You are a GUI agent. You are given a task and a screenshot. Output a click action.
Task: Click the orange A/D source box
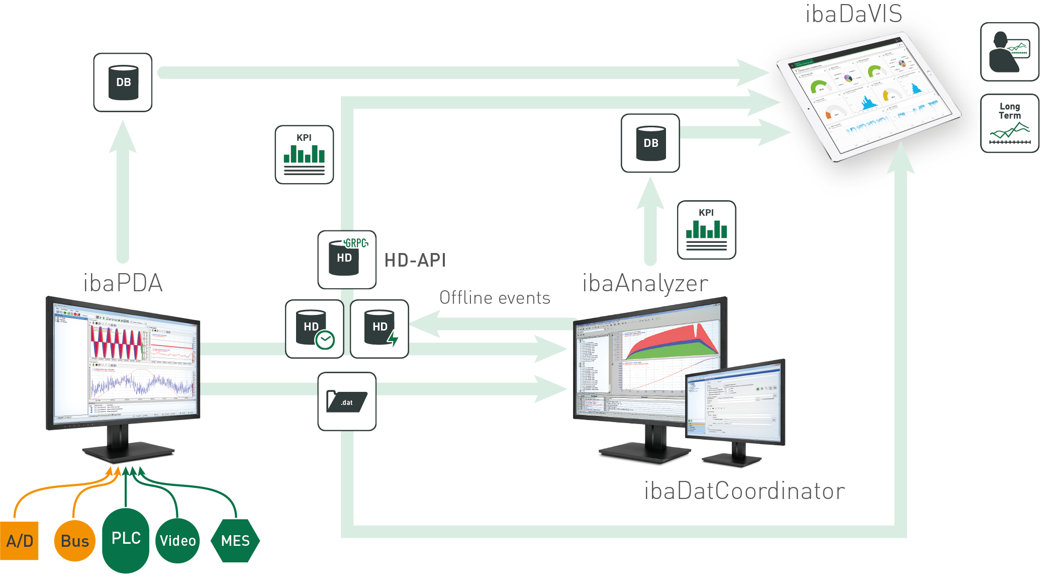[x=19, y=541]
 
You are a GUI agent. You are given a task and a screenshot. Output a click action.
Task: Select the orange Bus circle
[x=75, y=541]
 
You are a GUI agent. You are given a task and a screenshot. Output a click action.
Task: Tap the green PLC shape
[x=126, y=540]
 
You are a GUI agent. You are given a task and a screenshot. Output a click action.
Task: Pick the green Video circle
[x=178, y=541]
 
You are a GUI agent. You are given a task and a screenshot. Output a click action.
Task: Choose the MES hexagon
[x=235, y=541]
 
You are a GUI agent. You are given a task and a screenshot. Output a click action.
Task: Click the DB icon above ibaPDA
[x=123, y=82]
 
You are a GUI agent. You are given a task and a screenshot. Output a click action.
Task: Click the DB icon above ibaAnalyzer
[x=650, y=143]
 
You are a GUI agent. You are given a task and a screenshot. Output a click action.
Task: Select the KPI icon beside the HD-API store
[x=304, y=155]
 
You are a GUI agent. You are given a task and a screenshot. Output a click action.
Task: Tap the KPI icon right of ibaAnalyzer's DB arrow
[x=706, y=230]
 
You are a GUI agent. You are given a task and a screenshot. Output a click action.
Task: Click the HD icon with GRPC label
[x=347, y=260]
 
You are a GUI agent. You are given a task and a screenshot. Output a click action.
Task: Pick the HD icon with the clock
[x=315, y=329]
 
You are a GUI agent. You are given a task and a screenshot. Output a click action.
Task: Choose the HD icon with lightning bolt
[x=379, y=329]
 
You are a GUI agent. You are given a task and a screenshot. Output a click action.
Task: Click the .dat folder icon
[x=347, y=401]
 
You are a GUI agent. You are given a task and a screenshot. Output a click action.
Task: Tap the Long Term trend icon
[x=1009, y=123]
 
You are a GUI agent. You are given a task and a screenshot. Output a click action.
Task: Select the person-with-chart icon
[x=1009, y=52]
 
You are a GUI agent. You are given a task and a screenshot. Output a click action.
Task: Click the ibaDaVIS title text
[x=853, y=14]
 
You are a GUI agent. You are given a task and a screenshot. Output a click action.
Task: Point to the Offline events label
[x=495, y=298]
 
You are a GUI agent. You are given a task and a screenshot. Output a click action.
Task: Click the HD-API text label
[x=415, y=260]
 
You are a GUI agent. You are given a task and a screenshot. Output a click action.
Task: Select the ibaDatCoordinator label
[x=744, y=491]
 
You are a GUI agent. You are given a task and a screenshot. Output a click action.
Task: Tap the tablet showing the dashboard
[x=867, y=96]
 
